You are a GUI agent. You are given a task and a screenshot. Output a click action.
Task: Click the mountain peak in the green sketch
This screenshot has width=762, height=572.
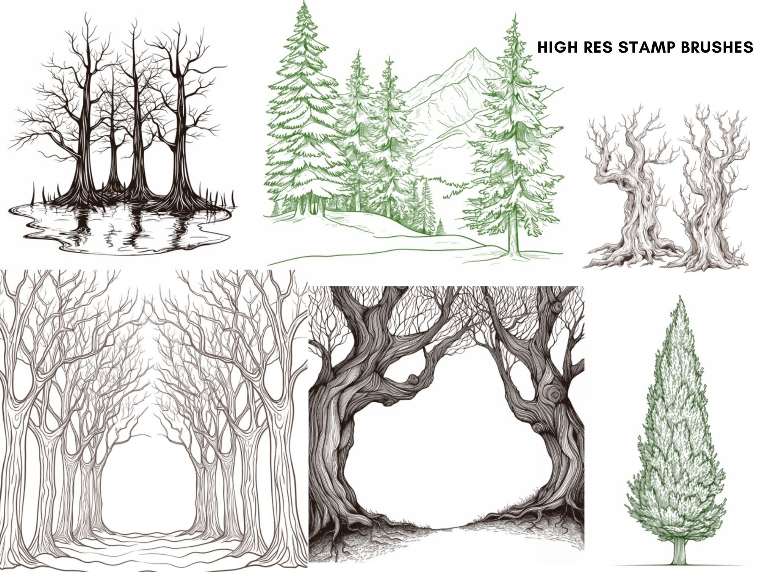point(474,50)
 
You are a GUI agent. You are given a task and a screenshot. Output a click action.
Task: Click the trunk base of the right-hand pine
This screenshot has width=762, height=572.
point(514,250)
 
